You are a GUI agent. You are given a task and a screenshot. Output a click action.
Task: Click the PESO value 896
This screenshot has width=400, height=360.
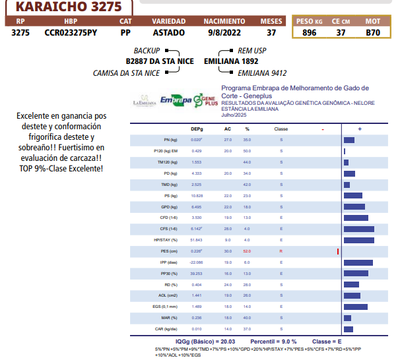pyautogui.click(x=309, y=32)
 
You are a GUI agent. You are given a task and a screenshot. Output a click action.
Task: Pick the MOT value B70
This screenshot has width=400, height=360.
pyautogui.click(x=373, y=32)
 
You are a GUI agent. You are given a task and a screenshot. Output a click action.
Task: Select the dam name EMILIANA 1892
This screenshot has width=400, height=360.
pyautogui.click(x=231, y=61)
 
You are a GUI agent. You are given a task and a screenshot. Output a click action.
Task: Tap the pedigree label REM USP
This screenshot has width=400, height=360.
pyautogui.click(x=252, y=50)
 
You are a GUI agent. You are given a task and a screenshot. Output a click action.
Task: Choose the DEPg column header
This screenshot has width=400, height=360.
pyautogui.click(x=197, y=129)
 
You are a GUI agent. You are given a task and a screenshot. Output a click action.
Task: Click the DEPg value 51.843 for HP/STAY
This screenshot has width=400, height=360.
pyautogui.click(x=196, y=240)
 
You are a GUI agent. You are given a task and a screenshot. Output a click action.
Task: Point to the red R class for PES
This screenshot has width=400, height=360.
pyautogui.click(x=281, y=251)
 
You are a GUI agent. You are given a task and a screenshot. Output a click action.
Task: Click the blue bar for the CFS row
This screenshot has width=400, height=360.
pyautogui.click(x=359, y=229)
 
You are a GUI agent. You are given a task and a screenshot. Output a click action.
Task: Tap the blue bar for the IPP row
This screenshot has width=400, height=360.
pyautogui.click(x=358, y=262)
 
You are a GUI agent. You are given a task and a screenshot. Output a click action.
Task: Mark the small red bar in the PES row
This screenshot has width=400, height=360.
pyautogui.click(x=338, y=251)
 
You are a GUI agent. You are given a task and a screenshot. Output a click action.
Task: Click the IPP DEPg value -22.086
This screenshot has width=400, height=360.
pyautogui.click(x=196, y=262)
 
